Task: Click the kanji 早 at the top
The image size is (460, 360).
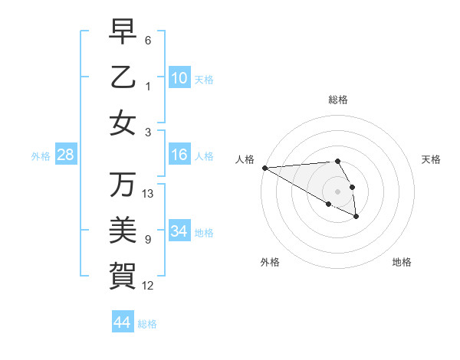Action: (x=123, y=31)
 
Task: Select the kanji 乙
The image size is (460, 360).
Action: (x=123, y=77)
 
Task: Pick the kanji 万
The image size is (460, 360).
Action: (x=123, y=184)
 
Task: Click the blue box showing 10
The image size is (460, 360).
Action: (x=179, y=78)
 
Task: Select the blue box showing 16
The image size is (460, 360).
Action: (x=179, y=155)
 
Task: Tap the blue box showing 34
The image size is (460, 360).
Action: (x=179, y=232)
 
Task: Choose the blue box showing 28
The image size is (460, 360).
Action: (x=65, y=155)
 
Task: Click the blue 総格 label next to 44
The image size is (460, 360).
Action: (x=147, y=324)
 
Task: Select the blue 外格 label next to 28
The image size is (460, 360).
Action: (x=41, y=156)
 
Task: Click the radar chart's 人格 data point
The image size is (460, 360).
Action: (x=264, y=168)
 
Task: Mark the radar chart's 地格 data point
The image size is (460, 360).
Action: (x=356, y=218)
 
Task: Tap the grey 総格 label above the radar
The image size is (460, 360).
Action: (x=337, y=100)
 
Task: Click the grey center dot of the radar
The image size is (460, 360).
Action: (x=337, y=191)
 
